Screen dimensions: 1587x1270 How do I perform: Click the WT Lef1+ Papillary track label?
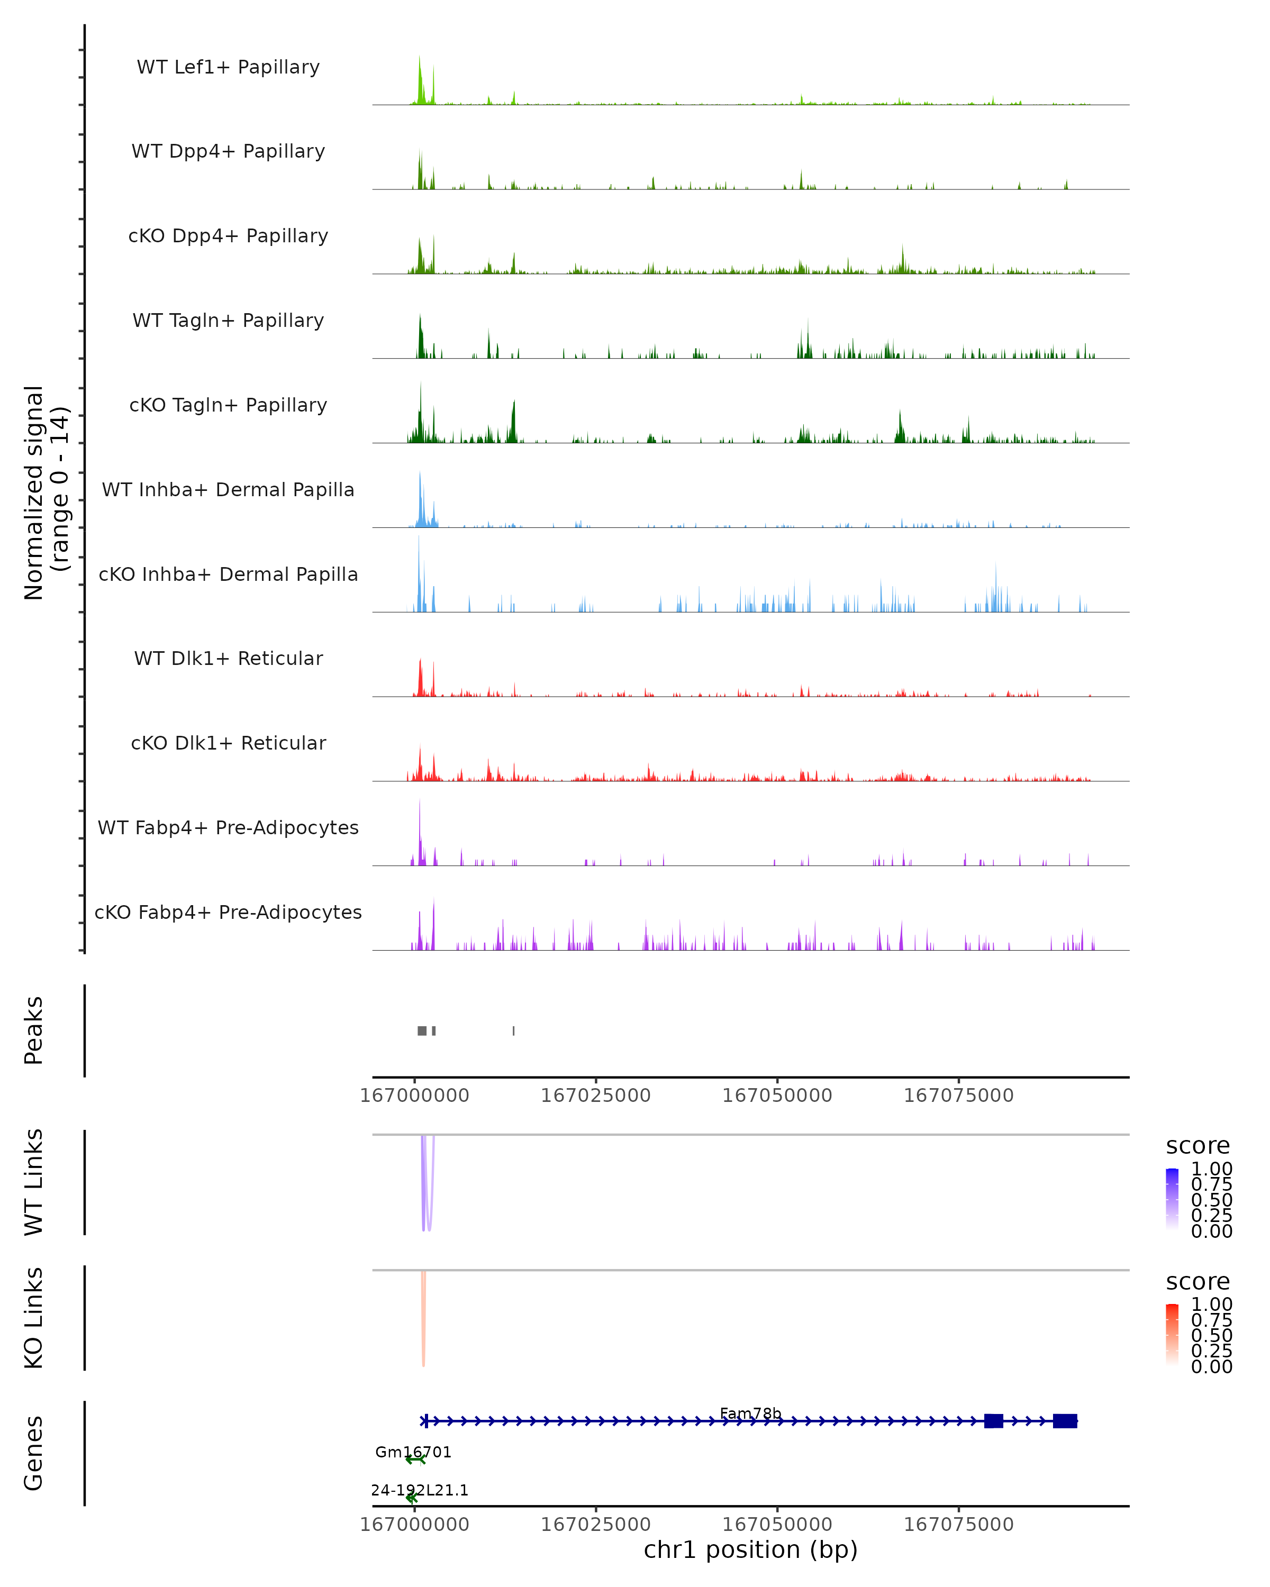tap(228, 67)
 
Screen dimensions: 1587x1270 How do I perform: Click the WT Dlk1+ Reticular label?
tap(228, 658)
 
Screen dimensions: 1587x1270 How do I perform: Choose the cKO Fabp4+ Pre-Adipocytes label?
tap(228, 912)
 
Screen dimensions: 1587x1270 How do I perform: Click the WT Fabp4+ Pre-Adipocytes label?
tap(228, 827)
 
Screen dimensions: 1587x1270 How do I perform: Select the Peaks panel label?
tap(34, 1030)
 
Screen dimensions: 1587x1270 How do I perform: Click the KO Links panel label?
tap(34, 1318)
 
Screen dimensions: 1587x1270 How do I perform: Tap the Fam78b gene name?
tap(750, 1413)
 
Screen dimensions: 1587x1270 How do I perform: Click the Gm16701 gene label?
tap(413, 1452)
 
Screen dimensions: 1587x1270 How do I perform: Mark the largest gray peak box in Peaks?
tap(422, 1030)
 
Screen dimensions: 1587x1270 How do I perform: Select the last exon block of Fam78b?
tap(1065, 1421)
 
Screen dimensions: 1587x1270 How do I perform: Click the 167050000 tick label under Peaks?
tap(777, 1096)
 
